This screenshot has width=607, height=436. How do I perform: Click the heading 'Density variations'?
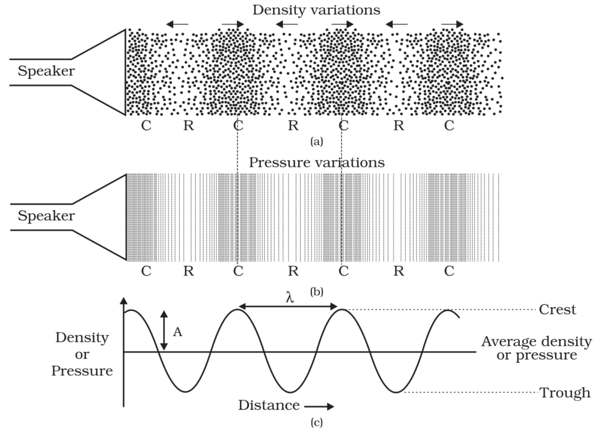316,10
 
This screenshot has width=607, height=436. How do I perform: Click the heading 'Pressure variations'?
317,163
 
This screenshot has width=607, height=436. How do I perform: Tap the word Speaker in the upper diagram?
46,72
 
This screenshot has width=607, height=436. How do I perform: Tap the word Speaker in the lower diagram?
46,216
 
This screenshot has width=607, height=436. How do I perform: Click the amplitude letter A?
177,332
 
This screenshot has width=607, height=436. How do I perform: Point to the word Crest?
557,310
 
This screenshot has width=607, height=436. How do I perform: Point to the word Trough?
564,393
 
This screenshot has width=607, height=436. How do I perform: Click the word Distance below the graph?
269,406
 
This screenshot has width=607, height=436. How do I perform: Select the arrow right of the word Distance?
321,406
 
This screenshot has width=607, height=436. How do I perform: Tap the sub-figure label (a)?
316,141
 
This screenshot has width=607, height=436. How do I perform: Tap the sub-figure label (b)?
316,291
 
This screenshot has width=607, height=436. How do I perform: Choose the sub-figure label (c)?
316,423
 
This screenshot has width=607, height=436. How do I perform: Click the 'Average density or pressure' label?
536,348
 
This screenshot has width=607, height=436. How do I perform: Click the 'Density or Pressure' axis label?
82,354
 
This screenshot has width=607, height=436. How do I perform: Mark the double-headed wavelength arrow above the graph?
288,307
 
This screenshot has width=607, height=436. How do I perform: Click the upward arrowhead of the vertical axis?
124,302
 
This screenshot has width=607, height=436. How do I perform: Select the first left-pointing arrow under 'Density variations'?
177,24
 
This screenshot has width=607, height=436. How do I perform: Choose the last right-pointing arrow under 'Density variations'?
453,24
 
